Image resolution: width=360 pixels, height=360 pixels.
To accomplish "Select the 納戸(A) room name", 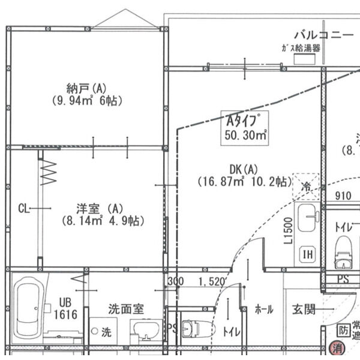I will pyautogui.click(x=87, y=88).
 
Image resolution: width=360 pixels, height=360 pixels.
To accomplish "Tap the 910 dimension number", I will pyautogui.click(x=343, y=195).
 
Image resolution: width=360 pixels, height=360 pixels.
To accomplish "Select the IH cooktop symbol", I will pyautogui.click(x=308, y=254).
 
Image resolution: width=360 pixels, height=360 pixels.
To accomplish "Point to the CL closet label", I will pyautogui.click(x=24, y=208).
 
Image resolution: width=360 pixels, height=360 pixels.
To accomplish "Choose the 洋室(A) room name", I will pyautogui.click(x=100, y=208).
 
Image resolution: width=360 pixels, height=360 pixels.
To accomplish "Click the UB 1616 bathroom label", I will pyautogui.click(x=65, y=308).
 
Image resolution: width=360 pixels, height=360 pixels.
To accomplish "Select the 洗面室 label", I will pyautogui.click(x=125, y=310).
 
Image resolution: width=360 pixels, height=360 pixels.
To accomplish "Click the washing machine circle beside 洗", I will pyautogui.click(x=94, y=330).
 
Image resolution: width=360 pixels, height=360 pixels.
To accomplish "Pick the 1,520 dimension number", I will pyautogui.click(x=211, y=281).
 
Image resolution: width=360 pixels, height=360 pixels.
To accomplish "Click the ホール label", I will pyautogui.click(x=263, y=310).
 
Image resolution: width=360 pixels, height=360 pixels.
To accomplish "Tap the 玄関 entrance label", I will pyautogui.click(x=304, y=310).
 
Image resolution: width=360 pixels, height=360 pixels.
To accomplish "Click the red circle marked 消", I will pyautogui.click(x=337, y=347).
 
